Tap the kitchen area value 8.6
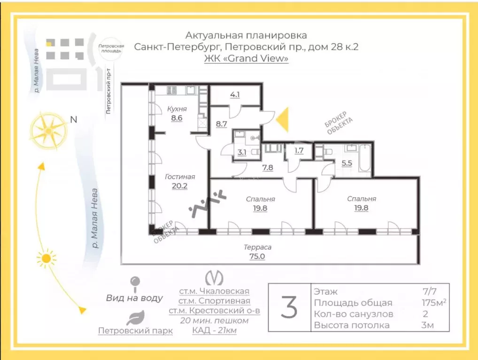point(177,118)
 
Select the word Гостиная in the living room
point(180,177)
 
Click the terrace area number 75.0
point(257,256)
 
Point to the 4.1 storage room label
point(235,95)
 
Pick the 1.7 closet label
point(299,151)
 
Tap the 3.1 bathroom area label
point(242,152)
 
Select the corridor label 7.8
point(268,168)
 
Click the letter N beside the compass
point(73,120)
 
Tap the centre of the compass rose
point(48,131)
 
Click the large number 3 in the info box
point(289,307)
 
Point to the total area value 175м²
point(434,302)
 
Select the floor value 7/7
point(430,291)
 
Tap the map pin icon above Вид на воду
point(135,284)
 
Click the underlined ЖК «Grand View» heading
point(247,59)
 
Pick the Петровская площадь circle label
point(111,48)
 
